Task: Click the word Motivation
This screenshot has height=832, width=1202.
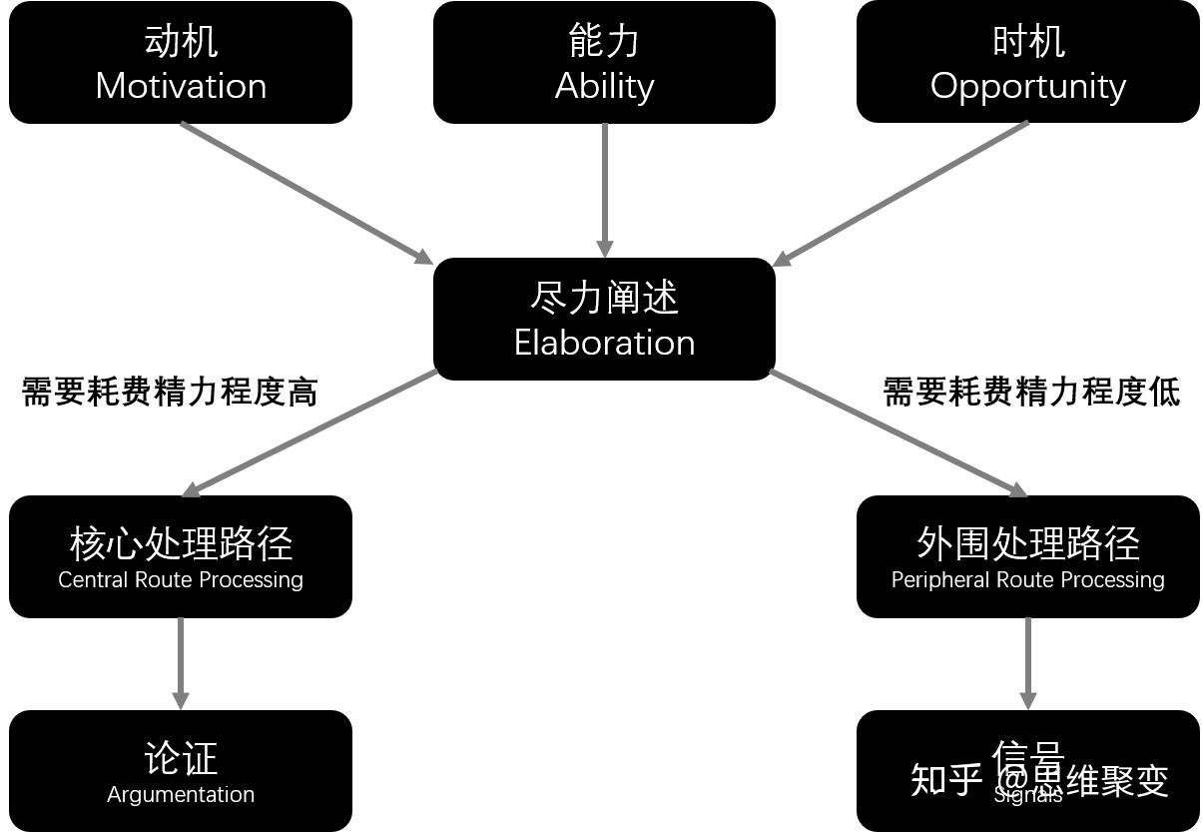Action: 181,86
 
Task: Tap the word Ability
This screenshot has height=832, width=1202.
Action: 604,86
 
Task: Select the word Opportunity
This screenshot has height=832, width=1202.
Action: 1027,86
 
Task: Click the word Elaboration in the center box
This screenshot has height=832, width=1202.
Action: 604,343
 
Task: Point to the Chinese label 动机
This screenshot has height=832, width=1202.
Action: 181,41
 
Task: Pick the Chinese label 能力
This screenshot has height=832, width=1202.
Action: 604,41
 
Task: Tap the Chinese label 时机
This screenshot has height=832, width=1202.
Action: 1027,41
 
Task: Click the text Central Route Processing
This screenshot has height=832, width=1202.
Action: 181,579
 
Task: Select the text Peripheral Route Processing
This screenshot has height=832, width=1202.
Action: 1027,579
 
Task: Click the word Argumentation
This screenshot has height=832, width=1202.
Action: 181,794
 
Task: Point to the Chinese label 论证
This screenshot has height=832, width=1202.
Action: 181,758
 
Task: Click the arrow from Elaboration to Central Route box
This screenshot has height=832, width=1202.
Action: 310,432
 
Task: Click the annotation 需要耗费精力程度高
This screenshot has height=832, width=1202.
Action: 170,392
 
